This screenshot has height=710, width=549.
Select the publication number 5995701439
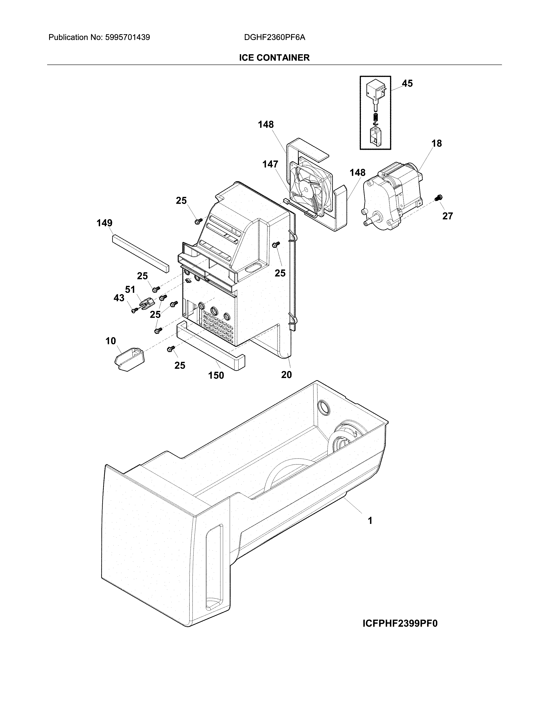point(127,37)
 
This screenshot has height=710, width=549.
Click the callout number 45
point(407,83)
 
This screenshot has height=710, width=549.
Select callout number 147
point(270,165)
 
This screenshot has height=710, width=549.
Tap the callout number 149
point(104,223)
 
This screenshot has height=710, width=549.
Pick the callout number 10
point(111,341)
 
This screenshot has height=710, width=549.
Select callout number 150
point(216,375)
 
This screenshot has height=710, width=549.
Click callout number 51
point(130,289)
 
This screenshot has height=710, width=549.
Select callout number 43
point(119,298)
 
